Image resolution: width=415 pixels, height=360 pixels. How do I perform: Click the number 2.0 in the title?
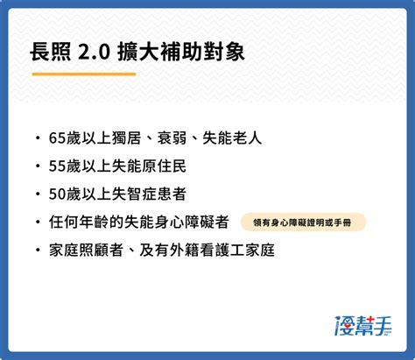(94, 53)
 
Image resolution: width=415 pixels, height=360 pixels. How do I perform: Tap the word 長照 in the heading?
(50, 53)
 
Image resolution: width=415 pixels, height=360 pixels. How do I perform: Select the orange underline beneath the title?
(84, 74)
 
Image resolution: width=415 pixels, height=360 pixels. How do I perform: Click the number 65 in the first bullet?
(57, 138)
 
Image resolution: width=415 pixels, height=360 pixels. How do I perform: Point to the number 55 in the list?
(57, 166)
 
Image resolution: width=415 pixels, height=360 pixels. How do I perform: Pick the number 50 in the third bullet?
(57, 194)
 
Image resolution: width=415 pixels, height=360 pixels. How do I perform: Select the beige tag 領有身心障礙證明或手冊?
(303, 222)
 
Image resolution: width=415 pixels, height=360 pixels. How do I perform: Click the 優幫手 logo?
(362, 325)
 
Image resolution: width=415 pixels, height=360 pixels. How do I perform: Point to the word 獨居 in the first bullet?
(126, 138)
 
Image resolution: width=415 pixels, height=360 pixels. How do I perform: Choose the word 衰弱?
(172, 138)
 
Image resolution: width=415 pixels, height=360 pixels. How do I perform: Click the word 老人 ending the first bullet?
(247, 138)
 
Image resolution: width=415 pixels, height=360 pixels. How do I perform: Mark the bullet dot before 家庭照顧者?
(38, 251)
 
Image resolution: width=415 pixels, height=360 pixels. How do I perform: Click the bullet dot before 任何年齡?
(38, 222)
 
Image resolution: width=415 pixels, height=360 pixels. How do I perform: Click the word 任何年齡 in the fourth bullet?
(79, 222)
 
